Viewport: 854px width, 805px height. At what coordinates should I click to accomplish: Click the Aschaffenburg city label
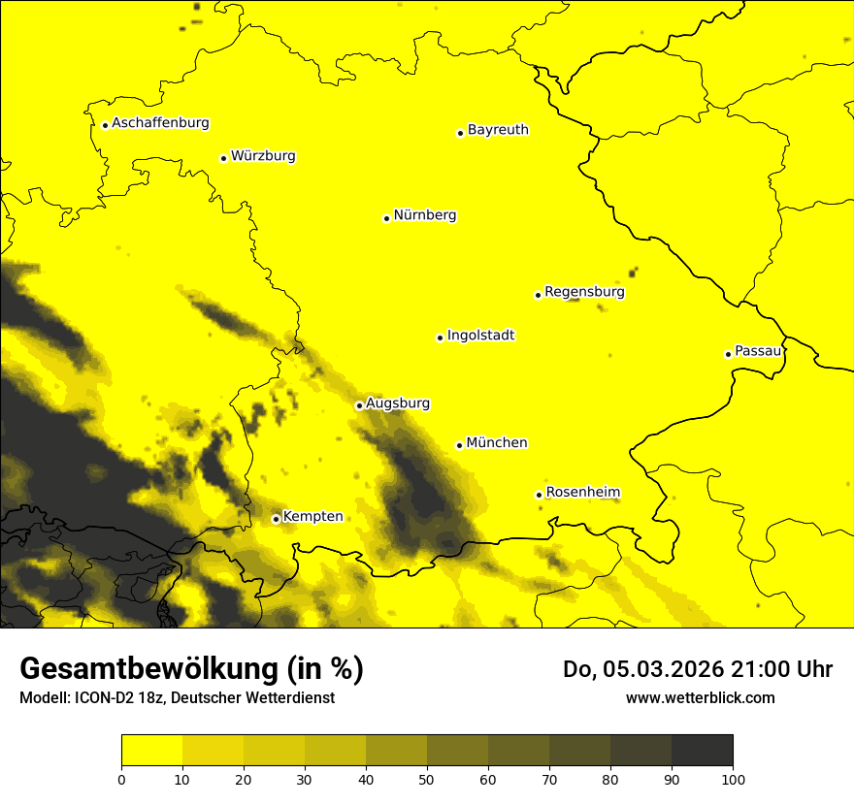(x=160, y=123)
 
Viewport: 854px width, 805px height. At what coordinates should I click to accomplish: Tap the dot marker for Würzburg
(x=223, y=158)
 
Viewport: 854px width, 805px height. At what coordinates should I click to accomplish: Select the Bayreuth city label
(x=498, y=129)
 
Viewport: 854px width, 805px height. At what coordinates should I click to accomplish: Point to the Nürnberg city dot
(x=386, y=218)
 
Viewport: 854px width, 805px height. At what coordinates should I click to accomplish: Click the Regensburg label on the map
(x=584, y=291)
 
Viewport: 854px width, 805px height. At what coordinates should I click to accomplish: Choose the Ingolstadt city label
(x=480, y=336)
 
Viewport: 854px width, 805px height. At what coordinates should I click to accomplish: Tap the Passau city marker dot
(x=728, y=354)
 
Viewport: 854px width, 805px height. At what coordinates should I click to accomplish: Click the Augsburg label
(x=398, y=403)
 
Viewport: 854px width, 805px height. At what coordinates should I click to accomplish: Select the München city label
(x=497, y=442)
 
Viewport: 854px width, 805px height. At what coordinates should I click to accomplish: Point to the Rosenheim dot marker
(x=539, y=495)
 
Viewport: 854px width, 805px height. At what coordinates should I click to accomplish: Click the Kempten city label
(x=312, y=516)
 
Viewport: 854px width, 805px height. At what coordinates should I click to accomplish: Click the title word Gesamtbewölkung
(x=150, y=669)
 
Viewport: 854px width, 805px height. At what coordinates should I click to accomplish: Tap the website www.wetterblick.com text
(x=700, y=697)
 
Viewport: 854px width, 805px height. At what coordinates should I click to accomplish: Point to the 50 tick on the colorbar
(x=427, y=778)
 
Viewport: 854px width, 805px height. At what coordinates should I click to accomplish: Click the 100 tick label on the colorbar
(x=733, y=778)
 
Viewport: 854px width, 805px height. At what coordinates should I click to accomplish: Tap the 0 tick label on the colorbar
(x=121, y=778)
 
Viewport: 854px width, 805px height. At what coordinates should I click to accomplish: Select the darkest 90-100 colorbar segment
(x=702, y=751)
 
